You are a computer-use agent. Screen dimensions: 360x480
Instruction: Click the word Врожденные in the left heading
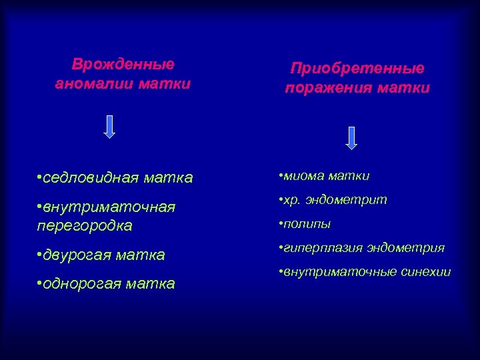click(123, 65)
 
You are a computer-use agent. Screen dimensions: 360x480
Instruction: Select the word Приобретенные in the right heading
click(357, 69)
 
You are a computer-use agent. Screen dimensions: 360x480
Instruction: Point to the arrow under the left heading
click(110, 126)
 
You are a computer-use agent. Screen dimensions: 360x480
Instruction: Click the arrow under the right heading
click(352, 137)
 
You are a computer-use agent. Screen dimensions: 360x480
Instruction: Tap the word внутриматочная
click(109, 207)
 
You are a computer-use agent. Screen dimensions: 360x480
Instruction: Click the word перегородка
click(85, 226)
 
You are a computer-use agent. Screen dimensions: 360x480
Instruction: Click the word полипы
click(308, 224)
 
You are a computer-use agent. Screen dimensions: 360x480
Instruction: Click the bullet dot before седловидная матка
click(40, 178)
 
